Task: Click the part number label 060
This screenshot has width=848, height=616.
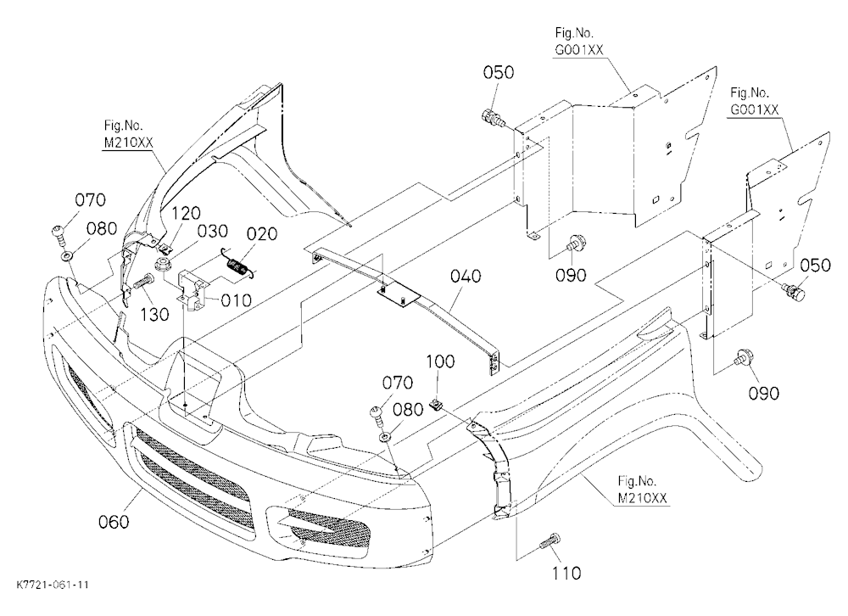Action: (x=114, y=522)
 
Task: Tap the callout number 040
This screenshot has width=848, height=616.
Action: (x=465, y=276)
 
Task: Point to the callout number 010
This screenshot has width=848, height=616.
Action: (x=237, y=300)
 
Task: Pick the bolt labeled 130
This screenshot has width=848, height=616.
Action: (x=142, y=282)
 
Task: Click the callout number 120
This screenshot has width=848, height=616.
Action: (x=186, y=213)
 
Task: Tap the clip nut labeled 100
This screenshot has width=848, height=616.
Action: (x=436, y=403)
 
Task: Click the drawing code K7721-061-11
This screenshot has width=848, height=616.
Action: (x=53, y=585)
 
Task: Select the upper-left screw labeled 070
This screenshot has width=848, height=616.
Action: (x=58, y=233)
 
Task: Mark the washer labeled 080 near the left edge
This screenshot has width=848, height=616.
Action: (x=67, y=254)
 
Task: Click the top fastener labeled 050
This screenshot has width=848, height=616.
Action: (x=493, y=117)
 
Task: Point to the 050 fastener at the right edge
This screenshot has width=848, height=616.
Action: (x=794, y=293)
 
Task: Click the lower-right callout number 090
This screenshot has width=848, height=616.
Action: (x=764, y=393)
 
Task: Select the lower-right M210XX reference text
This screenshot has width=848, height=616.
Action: (x=642, y=497)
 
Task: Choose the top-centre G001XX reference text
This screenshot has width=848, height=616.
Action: (x=578, y=49)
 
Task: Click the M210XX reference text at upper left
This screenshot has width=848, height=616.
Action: (x=129, y=143)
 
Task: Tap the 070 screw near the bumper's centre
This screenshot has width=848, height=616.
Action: (x=377, y=413)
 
